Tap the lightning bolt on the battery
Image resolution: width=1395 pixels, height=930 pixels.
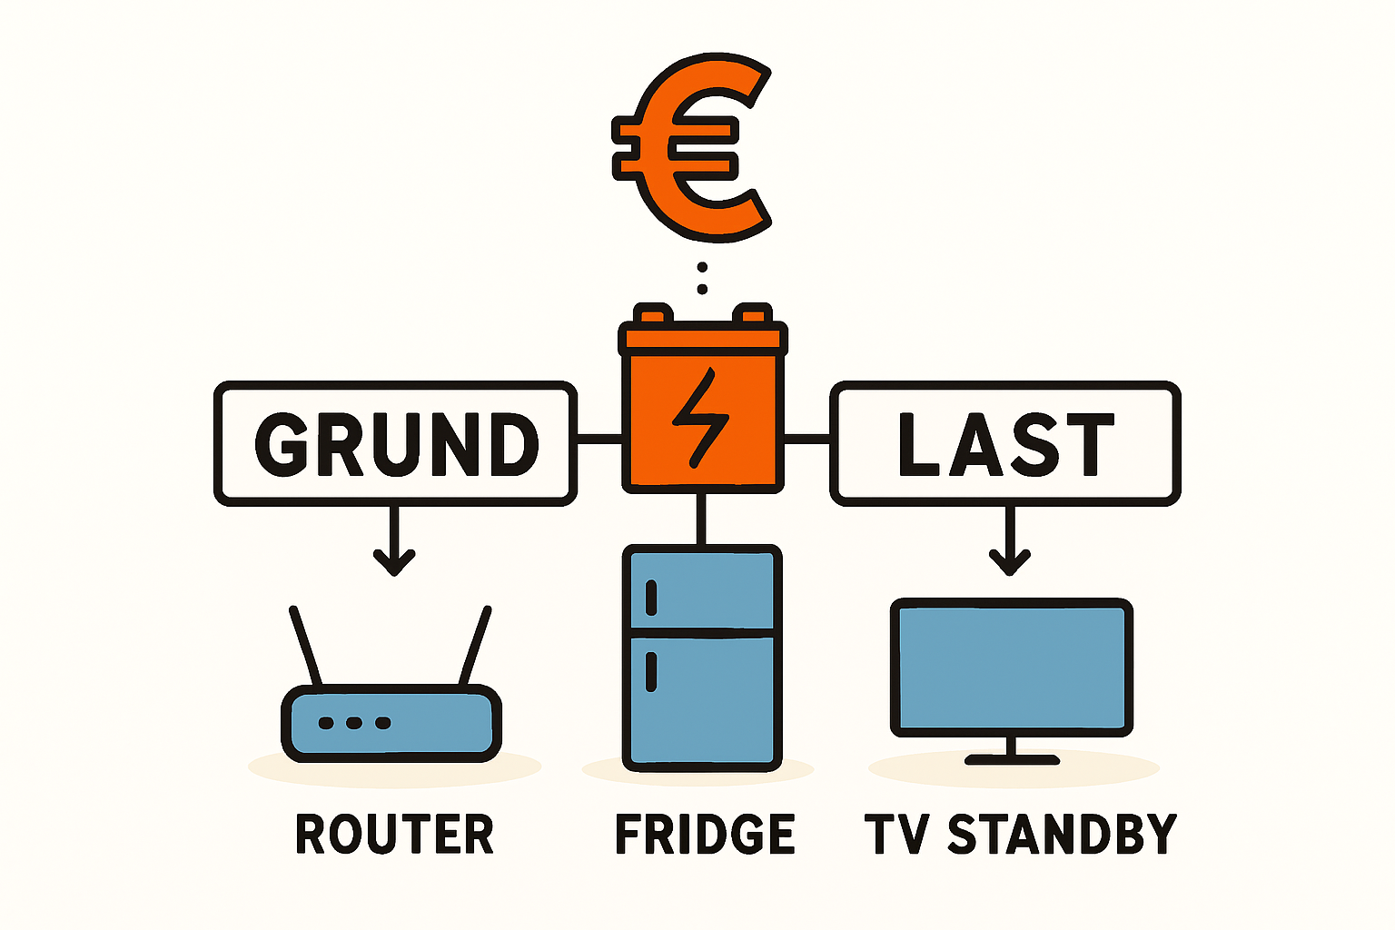(x=700, y=418)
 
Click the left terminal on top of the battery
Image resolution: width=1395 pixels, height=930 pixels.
(x=653, y=314)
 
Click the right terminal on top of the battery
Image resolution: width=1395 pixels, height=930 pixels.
(x=751, y=314)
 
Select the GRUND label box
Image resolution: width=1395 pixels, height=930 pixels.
(x=395, y=443)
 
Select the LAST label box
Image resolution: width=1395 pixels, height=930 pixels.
(x=1004, y=443)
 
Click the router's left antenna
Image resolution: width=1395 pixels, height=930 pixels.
(x=305, y=646)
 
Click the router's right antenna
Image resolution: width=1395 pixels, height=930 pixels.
(x=476, y=646)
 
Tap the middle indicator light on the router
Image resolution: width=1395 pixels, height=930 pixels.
(x=354, y=723)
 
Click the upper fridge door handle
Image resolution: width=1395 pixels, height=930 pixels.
(x=651, y=598)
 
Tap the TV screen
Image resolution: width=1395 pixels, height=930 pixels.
(x=1010, y=666)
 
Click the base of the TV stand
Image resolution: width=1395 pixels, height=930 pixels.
(x=1011, y=759)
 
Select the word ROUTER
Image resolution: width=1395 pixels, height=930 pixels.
(x=394, y=835)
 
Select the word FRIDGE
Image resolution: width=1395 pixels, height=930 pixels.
(x=705, y=835)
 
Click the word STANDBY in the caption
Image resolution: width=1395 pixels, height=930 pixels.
(x=1063, y=835)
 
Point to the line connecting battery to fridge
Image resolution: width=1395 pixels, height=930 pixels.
(x=700, y=519)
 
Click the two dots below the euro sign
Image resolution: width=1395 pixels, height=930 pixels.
(x=701, y=278)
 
